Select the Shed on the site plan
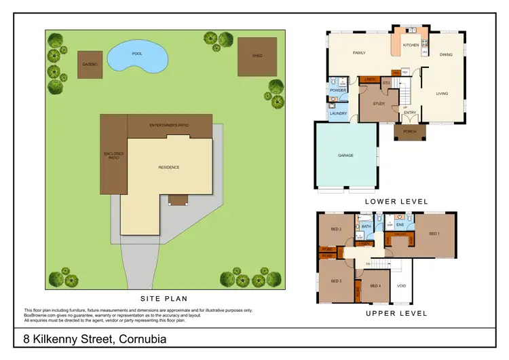point(257,56)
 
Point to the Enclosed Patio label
point(114,156)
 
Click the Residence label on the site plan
point(169,167)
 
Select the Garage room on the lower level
point(346,156)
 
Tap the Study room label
point(379,104)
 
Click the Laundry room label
point(339,113)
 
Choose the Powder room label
point(338,90)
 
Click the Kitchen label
point(411,45)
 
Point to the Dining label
point(446,54)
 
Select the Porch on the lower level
point(409,132)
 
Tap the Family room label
point(359,53)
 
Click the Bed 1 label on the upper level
point(434,234)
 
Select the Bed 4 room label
point(375,286)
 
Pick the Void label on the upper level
point(402,286)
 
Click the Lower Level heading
point(396,201)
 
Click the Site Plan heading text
point(164,298)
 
